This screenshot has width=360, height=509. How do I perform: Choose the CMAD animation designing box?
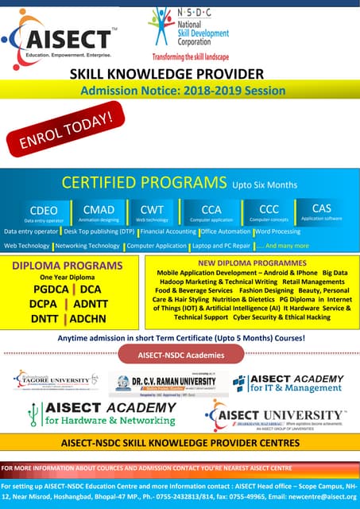tap(99, 212)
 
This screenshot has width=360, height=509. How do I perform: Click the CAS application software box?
tap(322, 211)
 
